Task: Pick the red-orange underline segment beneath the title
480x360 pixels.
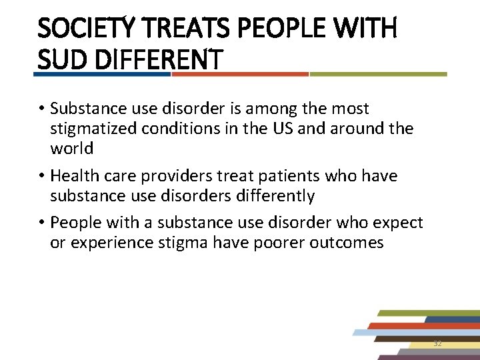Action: (240, 74)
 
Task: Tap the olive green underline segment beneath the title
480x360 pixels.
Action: (378, 74)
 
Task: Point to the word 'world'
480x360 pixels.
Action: (71, 147)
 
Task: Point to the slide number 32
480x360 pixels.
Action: (437, 343)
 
